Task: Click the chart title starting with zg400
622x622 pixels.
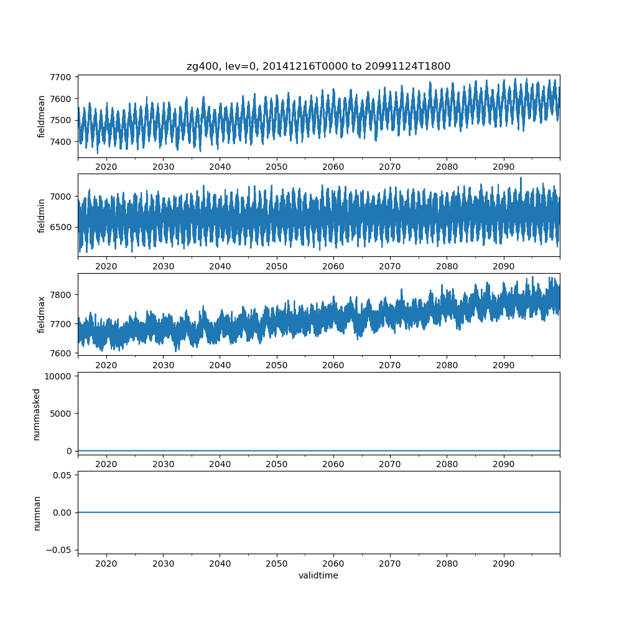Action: [318, 66]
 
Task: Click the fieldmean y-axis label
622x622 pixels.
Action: [42, 116]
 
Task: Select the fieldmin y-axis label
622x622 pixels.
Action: [42, 215]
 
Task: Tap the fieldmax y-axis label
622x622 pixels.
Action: [42, 314]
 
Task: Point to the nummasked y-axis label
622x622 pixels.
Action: [37, 414]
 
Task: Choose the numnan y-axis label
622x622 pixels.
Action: [37, 513]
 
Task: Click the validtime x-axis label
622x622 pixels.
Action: [318, 576]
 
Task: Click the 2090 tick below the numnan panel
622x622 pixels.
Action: [503, 563]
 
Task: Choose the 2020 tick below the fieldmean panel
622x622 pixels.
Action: [106, 167]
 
